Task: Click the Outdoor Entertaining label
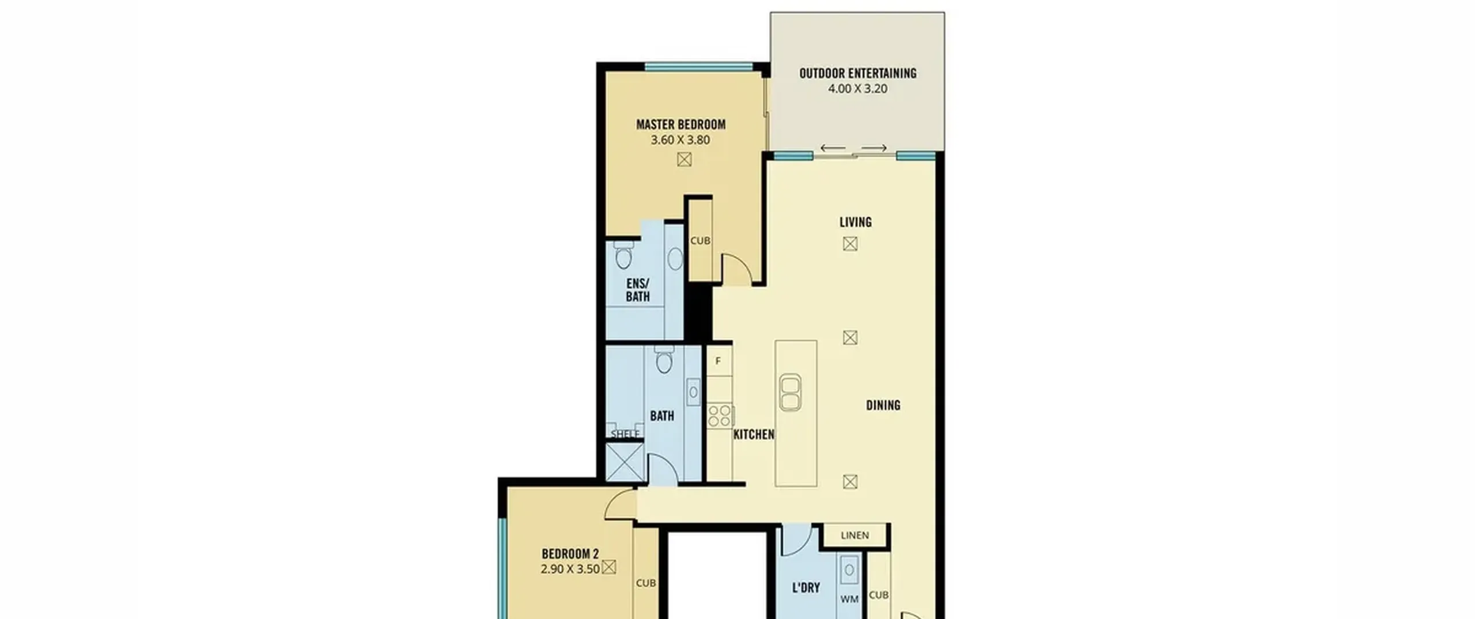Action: pyautogui.click(x=857, y=73)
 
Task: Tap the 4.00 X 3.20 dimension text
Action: pyautogui.click(x=857, y=89)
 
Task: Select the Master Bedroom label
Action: pyautogui.click(x=680, y=124)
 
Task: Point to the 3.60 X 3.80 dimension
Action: pyautogui.click(x=680, y=140)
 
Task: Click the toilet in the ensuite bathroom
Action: pyautogui.click(x=623, y=255)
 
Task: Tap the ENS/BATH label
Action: pyautogui.click(x=638, y=290)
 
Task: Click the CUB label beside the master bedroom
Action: pyautogui.click(x=700, y=241)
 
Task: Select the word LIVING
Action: pyautogui.click(x=855, y=222)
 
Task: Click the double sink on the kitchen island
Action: pyautogui.click(x=790, y=392)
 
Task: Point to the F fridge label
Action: pyautogui.click(x=718, y=361)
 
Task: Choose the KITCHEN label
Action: pyautogui.click(x=754, y=435)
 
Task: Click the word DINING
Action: pyautogui.click(x=883, y=405)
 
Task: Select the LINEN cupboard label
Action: pyautogui.click(x=854, y=536)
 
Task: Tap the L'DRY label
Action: pyautogui.click(x=805, y=588)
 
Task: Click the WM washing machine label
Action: pyautogui.click(x=849, y=599)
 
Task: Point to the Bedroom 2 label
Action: pyautogui.click(x=570, y=554)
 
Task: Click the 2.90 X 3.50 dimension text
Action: pyautogui.click(x=570, y=569)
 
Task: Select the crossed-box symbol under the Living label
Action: pyautogui.click(x=850, y=244)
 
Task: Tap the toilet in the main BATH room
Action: pyautogui.click(x=664, y=360)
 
